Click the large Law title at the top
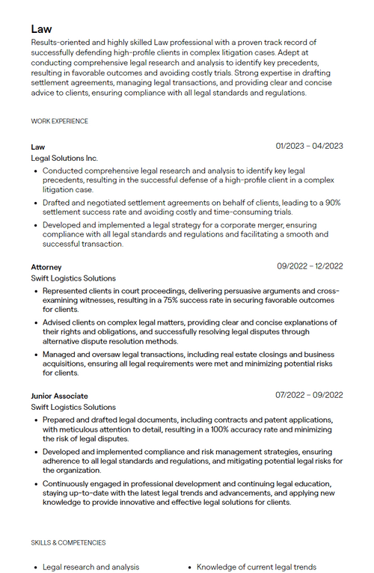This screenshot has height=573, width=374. tap(41, 28)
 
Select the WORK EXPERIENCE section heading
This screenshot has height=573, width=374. tap(59, 121)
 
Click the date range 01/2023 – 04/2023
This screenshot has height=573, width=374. tap(309, 146)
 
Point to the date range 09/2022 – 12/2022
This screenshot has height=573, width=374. tap(310, 266)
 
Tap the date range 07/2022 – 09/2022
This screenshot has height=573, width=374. tap(309, 395)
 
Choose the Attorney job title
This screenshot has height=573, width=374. tap(46, 267)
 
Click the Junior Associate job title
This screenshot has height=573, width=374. tap(59, 396)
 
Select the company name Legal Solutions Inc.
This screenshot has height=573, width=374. tap(64, 159)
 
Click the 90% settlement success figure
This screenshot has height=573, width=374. tap(333, 203)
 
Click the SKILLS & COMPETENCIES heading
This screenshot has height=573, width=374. tap(68, 542)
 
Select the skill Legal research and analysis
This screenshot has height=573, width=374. tap(91, 567)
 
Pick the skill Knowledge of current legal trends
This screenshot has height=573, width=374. tap(257, 567)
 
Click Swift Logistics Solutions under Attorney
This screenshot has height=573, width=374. tap(73, 278)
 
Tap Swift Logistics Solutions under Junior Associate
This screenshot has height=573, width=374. tap(73, 408)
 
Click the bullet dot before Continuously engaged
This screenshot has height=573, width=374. tap(35, 484)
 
